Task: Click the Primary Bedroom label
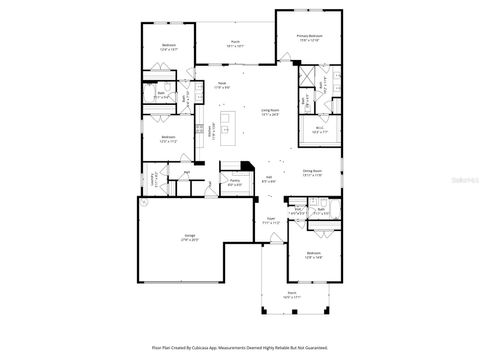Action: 308,37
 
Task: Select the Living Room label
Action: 270,111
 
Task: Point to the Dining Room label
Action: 312,171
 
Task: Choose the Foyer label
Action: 270,222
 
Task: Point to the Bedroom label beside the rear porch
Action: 168,45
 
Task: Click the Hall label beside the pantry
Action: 269,181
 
